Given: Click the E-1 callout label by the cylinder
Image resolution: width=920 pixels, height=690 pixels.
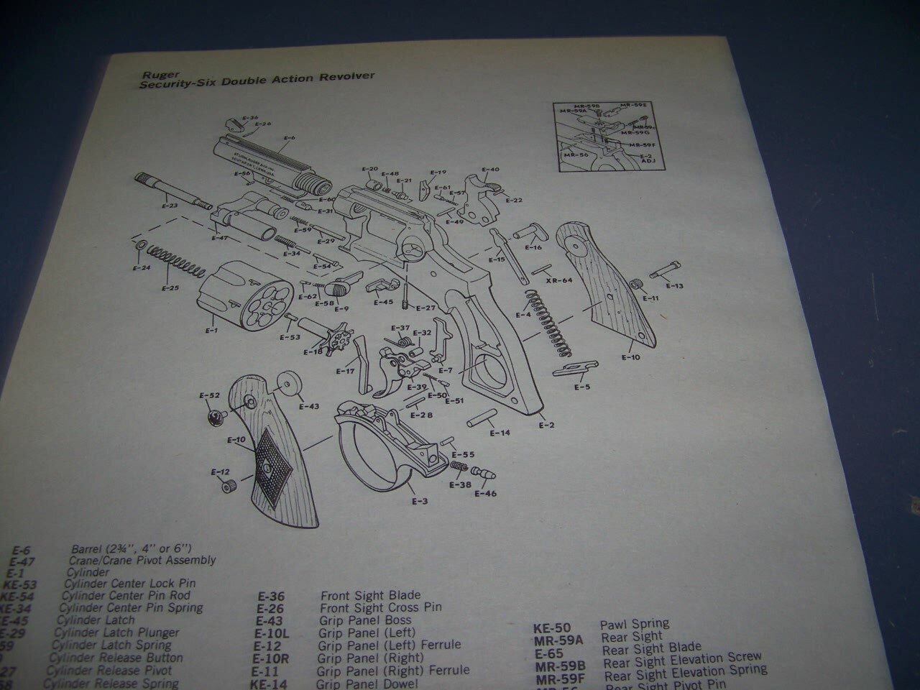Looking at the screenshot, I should click(211, 331).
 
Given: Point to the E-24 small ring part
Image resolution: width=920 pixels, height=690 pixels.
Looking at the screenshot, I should click(137, 247).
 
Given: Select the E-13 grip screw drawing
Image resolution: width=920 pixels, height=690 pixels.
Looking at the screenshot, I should click(665, 273).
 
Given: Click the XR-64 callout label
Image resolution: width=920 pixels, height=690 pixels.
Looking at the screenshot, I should click(558, 280).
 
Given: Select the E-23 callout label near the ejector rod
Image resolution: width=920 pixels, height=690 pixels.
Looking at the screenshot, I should click(170, 206).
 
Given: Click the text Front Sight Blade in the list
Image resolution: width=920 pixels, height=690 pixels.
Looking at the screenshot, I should click(370, 596).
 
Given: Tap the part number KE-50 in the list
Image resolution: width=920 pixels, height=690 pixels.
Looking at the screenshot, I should click(552, 627).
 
